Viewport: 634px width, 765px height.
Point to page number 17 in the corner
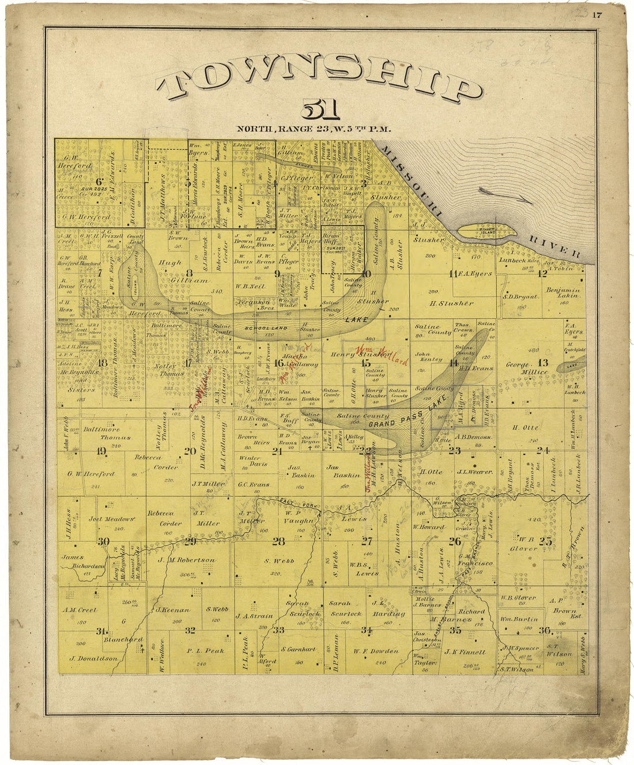tap(597, 16)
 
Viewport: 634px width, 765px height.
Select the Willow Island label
tap(486, 231)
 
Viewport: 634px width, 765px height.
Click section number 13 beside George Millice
tap(542, 363)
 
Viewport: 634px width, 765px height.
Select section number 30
tap(103, 541)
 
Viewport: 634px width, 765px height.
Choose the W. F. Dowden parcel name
tap(376, 651)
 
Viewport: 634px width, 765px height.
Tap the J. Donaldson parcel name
tap(93, 658)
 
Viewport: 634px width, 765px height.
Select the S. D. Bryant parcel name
tap(521, 297)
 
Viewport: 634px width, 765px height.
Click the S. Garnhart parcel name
tap(299, 649)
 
